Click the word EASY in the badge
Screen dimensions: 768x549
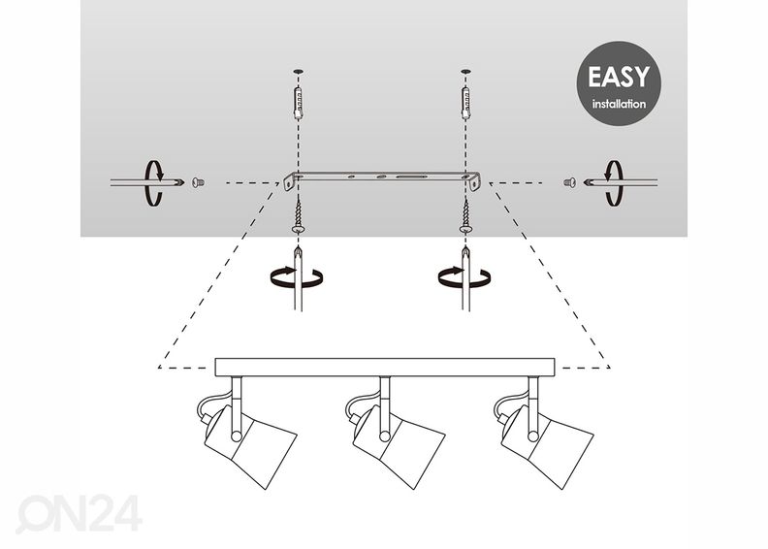(619, 77)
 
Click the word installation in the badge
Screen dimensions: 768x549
(619, 104)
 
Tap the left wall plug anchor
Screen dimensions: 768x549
(298, 103)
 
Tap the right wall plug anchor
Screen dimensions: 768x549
(465, 103)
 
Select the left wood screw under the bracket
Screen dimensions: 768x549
(298, 216)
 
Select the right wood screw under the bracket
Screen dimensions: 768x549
(465, 216)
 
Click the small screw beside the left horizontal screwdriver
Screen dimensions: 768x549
(198, 182)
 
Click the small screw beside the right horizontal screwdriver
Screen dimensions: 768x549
(569, 182)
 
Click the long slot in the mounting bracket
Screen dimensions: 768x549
(410, 176)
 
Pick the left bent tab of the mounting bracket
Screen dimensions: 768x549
(289, 181)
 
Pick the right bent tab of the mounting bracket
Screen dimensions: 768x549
(474, 181)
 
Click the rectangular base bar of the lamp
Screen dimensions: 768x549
(385, 368)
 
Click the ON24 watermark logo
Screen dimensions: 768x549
(80, 513)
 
